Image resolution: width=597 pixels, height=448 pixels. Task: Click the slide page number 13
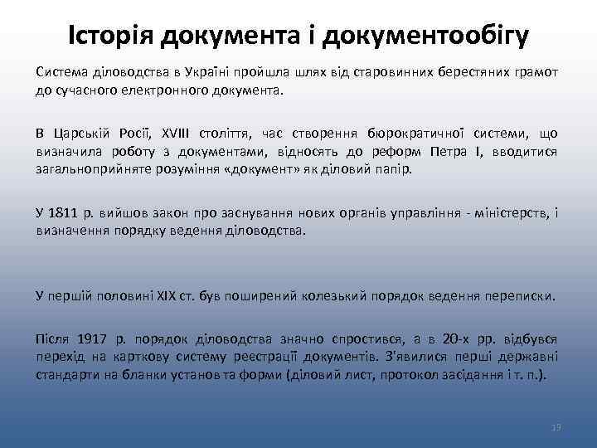556,426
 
